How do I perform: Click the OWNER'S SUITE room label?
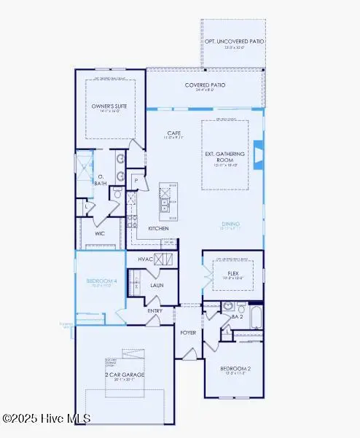pyautogui.click(x=109, y=106)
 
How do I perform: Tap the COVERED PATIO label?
pyautogui.click(x=204, y=85)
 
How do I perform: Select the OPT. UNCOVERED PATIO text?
pyautogui.click(x=234, y=42)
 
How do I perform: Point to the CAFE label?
pyautogui.click(x=173, y=133)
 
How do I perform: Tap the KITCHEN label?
pyautogui.click(x=159, y=228)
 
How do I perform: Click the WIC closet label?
pyautogui.click(x=100, y=234)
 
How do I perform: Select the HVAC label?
pyautogui.click(x=146, y=259)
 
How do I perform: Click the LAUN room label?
pyautogui.click(x=156, y=285)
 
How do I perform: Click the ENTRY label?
pyautogui.click(x=155, y=311)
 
